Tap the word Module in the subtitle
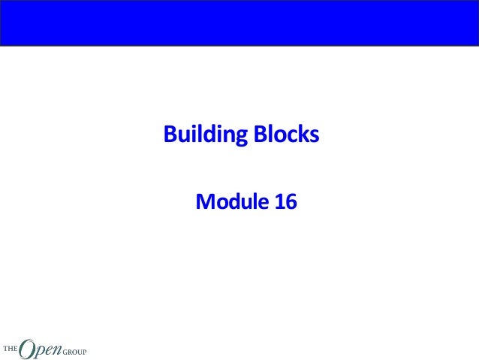pos(229,201)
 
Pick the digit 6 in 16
pos(291,201)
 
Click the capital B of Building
pos(170,135)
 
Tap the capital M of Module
pos(203,201)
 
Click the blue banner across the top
pos(239,23)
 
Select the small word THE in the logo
pos(10,349)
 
